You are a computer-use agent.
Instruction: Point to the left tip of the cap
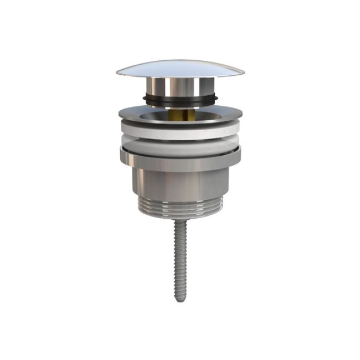(117, 73)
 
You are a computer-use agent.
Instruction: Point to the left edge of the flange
(120, 114)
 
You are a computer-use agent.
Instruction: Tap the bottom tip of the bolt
(179, 300)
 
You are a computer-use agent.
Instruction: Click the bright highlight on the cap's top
(150, 67)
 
